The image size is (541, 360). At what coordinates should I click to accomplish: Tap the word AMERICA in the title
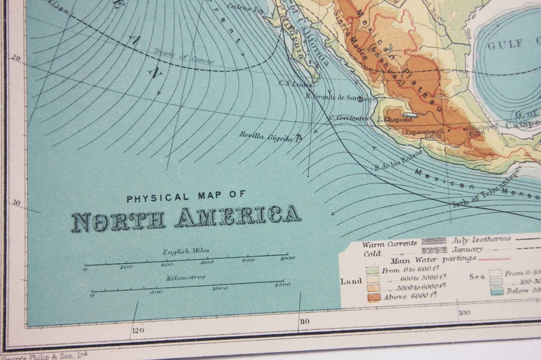pos(237,216)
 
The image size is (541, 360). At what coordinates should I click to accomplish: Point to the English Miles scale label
pos(185,251)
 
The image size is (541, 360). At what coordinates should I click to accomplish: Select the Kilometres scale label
pos(186,277)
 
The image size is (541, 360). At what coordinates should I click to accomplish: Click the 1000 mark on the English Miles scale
pos(287,258)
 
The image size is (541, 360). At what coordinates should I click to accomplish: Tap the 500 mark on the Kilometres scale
pos(156,292)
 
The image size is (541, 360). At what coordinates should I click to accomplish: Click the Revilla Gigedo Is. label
pos(270,136)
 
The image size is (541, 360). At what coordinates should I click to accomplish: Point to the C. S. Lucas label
pos(295,85)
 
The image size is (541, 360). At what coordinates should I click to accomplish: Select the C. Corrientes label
pos(348,118)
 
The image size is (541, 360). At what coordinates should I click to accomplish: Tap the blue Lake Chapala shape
pos(409,115)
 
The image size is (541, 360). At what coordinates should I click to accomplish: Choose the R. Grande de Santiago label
pos(341,97)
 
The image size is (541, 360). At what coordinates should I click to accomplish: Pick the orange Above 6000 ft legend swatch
pos(374,297)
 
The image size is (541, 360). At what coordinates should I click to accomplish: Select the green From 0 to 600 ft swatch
pos(373,271)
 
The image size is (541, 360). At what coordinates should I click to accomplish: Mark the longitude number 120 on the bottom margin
pos(138,330)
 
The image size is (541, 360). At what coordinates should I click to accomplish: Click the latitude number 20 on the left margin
pos(15,58)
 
